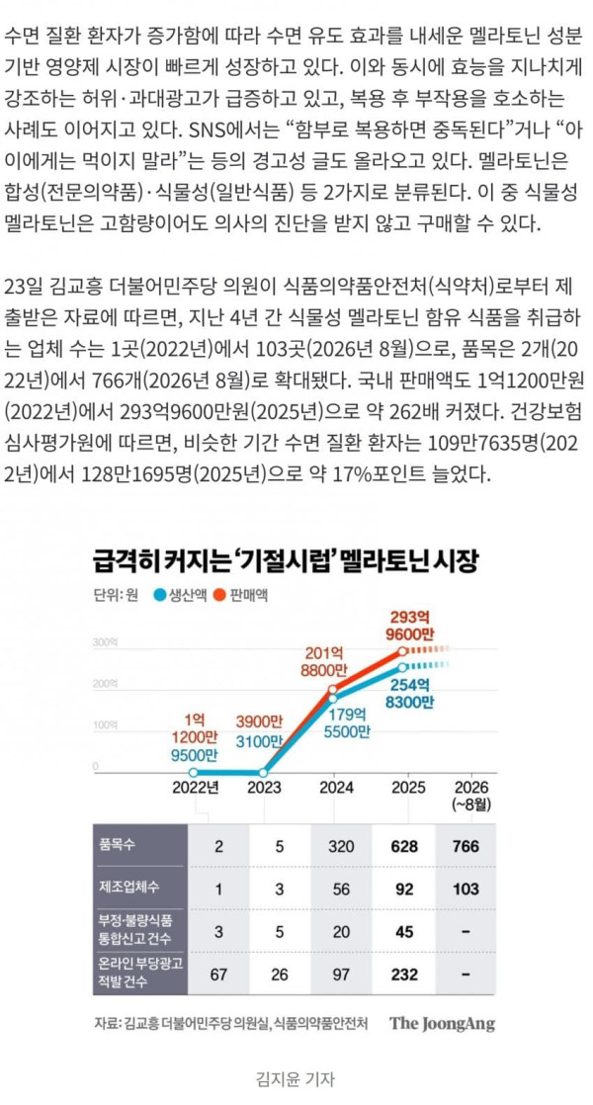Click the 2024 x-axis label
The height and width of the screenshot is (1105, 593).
(337, 787)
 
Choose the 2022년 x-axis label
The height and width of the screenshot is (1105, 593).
(196, 787)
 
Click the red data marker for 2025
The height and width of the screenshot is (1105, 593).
(402, 651)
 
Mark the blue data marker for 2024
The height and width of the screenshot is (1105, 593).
(333, 699)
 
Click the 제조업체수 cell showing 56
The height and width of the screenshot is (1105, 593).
(342, 890)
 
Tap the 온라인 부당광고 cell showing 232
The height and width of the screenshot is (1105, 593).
(404, 975)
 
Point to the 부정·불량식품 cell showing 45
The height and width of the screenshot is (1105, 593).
(404, 932)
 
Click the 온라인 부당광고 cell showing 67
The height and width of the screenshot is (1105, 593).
(219, 975)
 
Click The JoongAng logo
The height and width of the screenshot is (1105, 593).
(443, 1023)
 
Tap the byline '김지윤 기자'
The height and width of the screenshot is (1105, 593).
(296, 1079)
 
